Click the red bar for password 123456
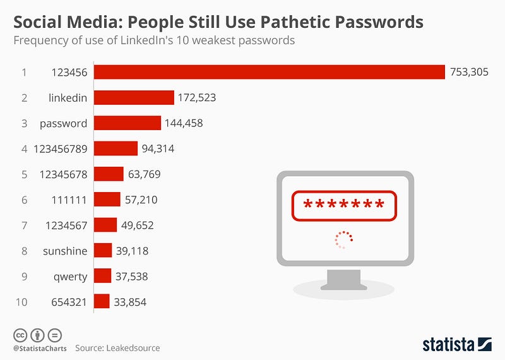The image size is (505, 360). (x=270, y=72)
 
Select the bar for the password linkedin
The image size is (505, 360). (x=134, y=97)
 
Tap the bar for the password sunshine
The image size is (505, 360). (x=103, y=251)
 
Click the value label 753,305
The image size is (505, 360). (x=468, y=72)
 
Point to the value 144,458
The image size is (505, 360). (x=184, y=123)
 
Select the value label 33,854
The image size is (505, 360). (x=129, y=302)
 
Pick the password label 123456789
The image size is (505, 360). (x=62, y=149)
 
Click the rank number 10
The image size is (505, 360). (x=21, y=302)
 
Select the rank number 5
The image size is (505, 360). (x=24, y=174)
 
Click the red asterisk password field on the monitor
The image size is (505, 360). (x=344, y=205)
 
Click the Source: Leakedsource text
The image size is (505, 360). (x=117, y=347)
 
